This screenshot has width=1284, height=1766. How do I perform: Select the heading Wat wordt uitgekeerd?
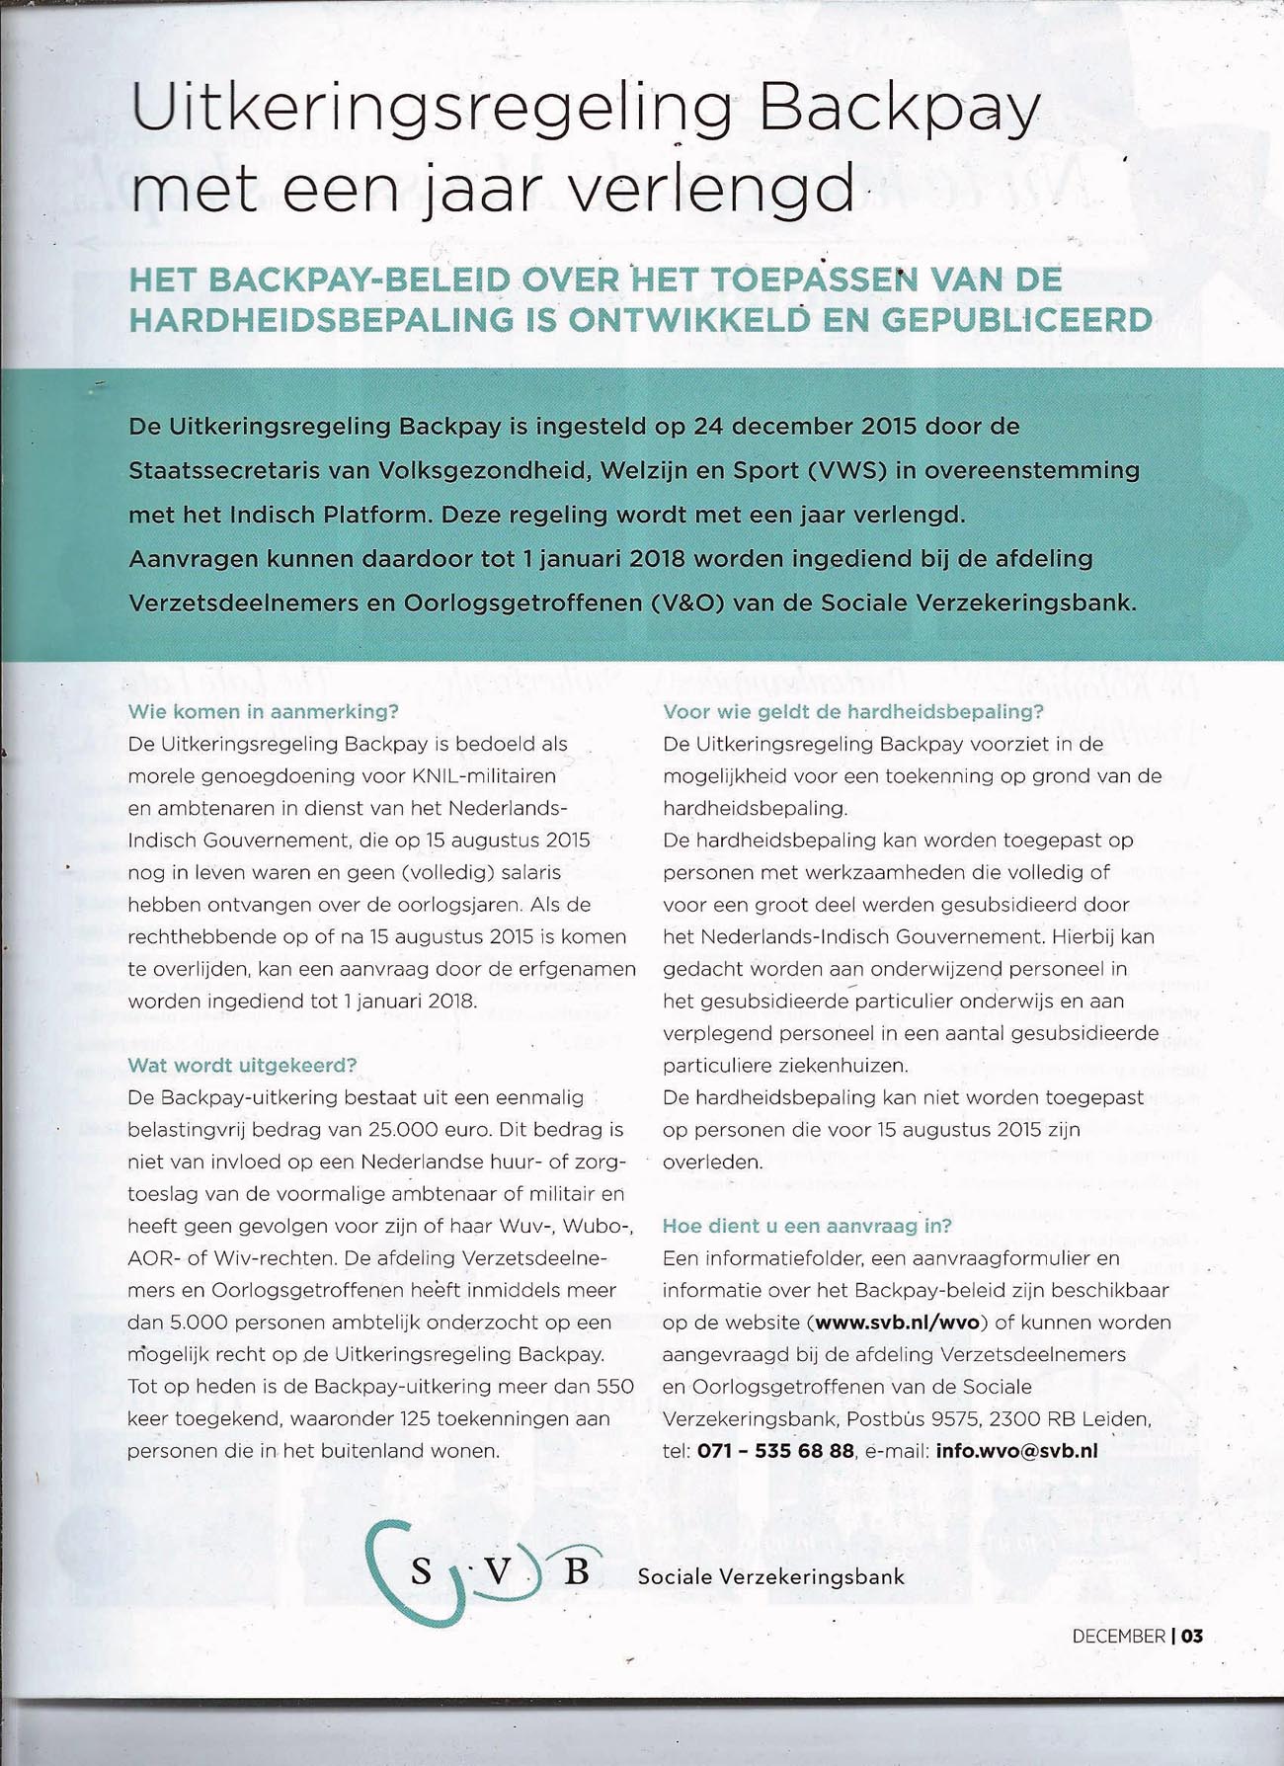[242, 1065]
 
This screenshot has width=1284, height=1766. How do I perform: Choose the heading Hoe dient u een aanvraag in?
[807, 1226]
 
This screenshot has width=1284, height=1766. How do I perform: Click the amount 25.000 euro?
[430, 1129]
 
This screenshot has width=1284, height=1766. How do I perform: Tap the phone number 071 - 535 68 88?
[775, 1451]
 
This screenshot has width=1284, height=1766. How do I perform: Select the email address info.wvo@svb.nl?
[1016, 1451]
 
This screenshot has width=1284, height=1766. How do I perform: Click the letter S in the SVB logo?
[422, 1570]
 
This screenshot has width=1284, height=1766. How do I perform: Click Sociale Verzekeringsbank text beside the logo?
[770, 1576]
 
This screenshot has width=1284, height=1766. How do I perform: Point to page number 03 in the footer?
[1192, 1636]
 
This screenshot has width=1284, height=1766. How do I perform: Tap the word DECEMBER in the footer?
[1118, 1636]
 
